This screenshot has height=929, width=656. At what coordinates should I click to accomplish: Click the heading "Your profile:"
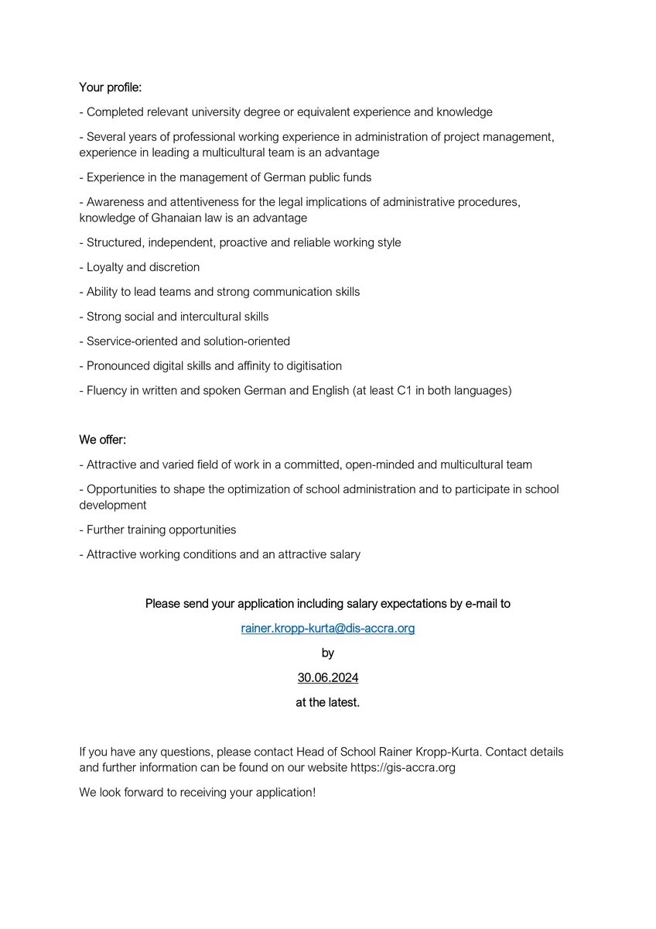(110, 87)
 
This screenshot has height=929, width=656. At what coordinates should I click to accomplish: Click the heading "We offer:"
(102, 441)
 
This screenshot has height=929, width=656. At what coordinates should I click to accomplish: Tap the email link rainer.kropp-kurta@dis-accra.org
(328, 629)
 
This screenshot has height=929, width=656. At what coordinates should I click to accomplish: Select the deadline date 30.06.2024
(328, 678)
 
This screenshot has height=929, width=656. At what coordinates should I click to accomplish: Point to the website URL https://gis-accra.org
(403, 768)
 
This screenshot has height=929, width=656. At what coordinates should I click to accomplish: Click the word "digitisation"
(310, 366)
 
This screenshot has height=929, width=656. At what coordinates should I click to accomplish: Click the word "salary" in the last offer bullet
(343, 554)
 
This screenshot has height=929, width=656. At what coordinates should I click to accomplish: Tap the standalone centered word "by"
(328, 653)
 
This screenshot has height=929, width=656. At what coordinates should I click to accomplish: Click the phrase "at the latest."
(328, 703)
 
